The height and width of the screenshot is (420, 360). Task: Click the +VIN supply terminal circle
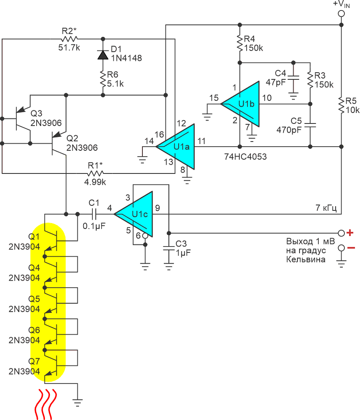(x=341, y=13)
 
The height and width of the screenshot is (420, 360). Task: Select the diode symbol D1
(x=103, y=55)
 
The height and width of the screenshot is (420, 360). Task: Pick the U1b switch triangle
(x=240, y=104)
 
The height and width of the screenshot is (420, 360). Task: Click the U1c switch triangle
(x=134, y=214)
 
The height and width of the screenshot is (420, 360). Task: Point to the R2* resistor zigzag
(x=69, y=39)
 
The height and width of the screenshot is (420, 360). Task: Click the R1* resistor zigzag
(x=95, y=173)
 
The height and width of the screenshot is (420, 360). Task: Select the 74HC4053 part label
(x=245, y=156)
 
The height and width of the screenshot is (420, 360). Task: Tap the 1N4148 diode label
(x=126, y=58)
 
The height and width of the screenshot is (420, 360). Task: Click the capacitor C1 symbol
(x=94, y=214)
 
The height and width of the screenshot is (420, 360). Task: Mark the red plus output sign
(x=350, y=233)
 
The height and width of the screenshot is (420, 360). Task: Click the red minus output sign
(x=351, y=248)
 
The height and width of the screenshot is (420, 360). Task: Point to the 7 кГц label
(x=326, y=208)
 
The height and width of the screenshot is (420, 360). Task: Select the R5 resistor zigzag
(x=341, y=106)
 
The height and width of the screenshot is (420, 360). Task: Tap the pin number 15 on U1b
(x=214, y=98)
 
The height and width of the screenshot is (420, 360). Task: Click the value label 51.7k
(x=69, y=48)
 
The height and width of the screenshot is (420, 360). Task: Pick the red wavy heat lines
(x=46, y=404)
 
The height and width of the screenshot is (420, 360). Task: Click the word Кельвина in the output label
(x=306, y=260)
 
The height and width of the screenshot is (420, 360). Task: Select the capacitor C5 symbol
(x=310, y=125)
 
